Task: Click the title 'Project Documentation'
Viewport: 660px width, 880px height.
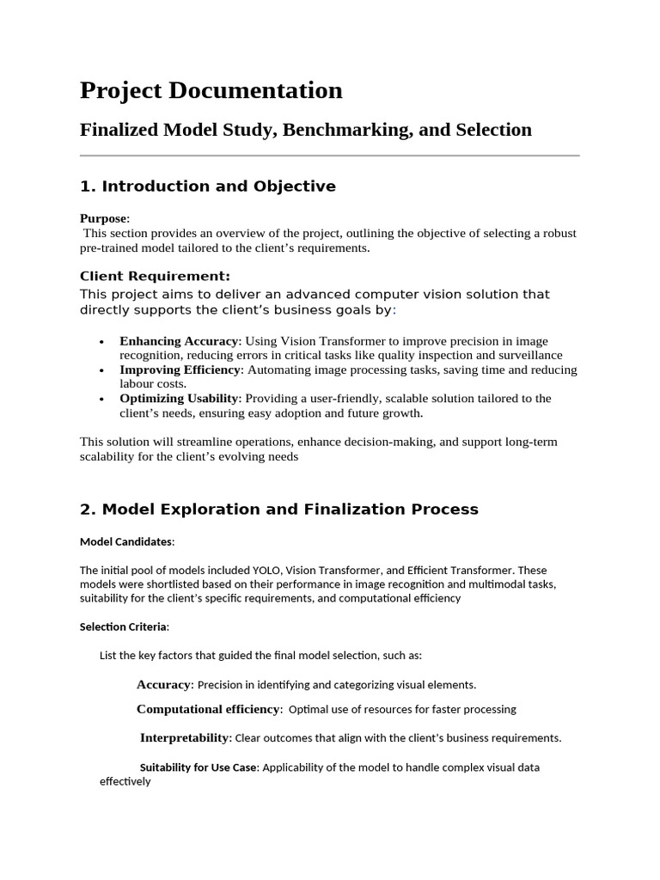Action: (211, 90)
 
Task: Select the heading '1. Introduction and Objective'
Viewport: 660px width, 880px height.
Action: (207, 186)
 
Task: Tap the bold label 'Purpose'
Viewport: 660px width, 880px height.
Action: (103, 219)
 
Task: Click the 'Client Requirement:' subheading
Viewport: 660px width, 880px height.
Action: (155, 276)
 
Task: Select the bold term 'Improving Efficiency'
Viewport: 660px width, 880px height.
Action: (180, 370)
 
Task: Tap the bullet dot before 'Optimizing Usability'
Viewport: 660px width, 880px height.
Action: (102, 400)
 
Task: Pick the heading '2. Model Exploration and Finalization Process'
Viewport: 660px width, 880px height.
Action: (278, 510)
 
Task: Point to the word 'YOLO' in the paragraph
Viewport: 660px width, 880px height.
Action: (266, 570)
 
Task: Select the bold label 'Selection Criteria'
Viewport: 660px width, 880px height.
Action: (124, 626)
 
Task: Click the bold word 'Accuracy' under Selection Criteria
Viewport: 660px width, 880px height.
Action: (163, 685)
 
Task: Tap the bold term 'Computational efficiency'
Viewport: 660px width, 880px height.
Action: (208, 709)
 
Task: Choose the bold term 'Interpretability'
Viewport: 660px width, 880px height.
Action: (185, 737)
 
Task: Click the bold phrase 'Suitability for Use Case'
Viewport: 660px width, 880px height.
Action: (198, 767)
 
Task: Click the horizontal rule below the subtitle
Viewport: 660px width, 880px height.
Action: (329, 156)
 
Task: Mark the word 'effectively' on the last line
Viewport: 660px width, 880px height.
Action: (125, 782)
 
